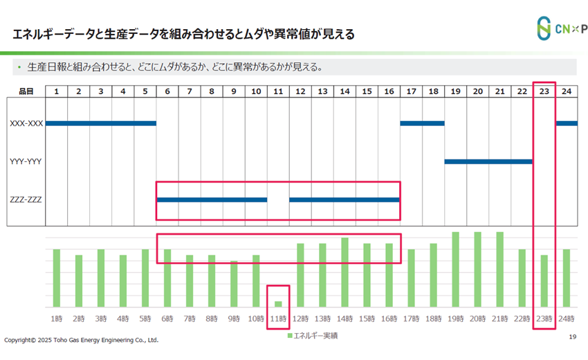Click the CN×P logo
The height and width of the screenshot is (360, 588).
click(x=561, y=28)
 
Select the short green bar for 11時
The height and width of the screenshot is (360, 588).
click(x=278, y=303)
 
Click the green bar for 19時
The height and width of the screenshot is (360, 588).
click(x=455, y=269)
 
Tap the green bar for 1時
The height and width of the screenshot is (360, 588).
click(x=57, y=278)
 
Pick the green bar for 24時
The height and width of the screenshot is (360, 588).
click(x=566, y=278)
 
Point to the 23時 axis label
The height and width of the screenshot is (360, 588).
click(x=544, y=318)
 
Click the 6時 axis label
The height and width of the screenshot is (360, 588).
click(x=167, y=318)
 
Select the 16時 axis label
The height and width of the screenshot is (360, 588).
click(x=389, y=318)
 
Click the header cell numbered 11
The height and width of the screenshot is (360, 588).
click(x=278, y=91)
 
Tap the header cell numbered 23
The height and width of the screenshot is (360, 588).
click(x=544, y=91)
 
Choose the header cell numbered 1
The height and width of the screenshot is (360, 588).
click(x=57, y=91)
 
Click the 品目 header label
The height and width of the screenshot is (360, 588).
click(x=26, y=91)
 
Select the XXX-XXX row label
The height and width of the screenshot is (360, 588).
click(x=26, y=124)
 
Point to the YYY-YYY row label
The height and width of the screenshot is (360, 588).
click(x=26, y=162)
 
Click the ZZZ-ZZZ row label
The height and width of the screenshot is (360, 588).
click(x=26, y=200)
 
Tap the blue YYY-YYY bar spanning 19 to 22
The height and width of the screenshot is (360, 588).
click(x=488, y=162)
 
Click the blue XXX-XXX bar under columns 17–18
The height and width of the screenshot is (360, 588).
click(x=422, y=124)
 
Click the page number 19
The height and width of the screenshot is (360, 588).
click(x=572, y=337)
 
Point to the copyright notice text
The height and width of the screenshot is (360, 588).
click(x=81, y=341)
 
